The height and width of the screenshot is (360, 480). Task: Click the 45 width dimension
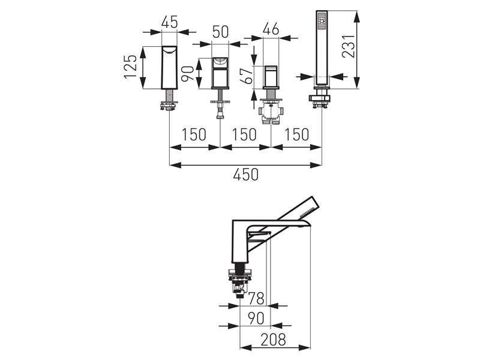(169, 22)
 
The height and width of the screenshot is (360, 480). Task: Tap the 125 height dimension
(130, 67)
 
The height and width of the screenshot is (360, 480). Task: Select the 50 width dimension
(220, 32)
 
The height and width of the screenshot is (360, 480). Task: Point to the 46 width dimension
(271, 29)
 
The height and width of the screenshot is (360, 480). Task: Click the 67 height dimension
(247, 76)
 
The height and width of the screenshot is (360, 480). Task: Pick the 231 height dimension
(349, 46)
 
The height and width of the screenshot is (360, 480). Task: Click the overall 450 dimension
(246, 175)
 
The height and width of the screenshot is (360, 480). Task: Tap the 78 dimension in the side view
(256, 298)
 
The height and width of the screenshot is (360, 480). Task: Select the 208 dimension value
(274, 340)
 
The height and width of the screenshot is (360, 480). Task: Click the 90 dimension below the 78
(256, 319)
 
